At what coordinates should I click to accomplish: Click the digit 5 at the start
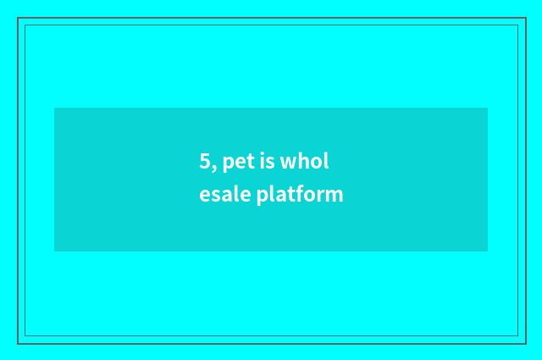(205, 161)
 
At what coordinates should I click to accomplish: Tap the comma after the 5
(213, 167)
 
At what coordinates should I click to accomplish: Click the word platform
(300, 195)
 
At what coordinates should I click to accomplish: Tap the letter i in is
(262, 161)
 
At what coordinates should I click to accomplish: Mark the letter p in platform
(262, 197)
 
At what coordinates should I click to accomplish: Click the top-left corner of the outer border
(18, 18)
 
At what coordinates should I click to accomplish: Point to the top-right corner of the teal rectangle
(487, 108)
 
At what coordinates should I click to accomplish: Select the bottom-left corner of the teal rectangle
(55, 251)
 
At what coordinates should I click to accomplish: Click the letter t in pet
(249, 161)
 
